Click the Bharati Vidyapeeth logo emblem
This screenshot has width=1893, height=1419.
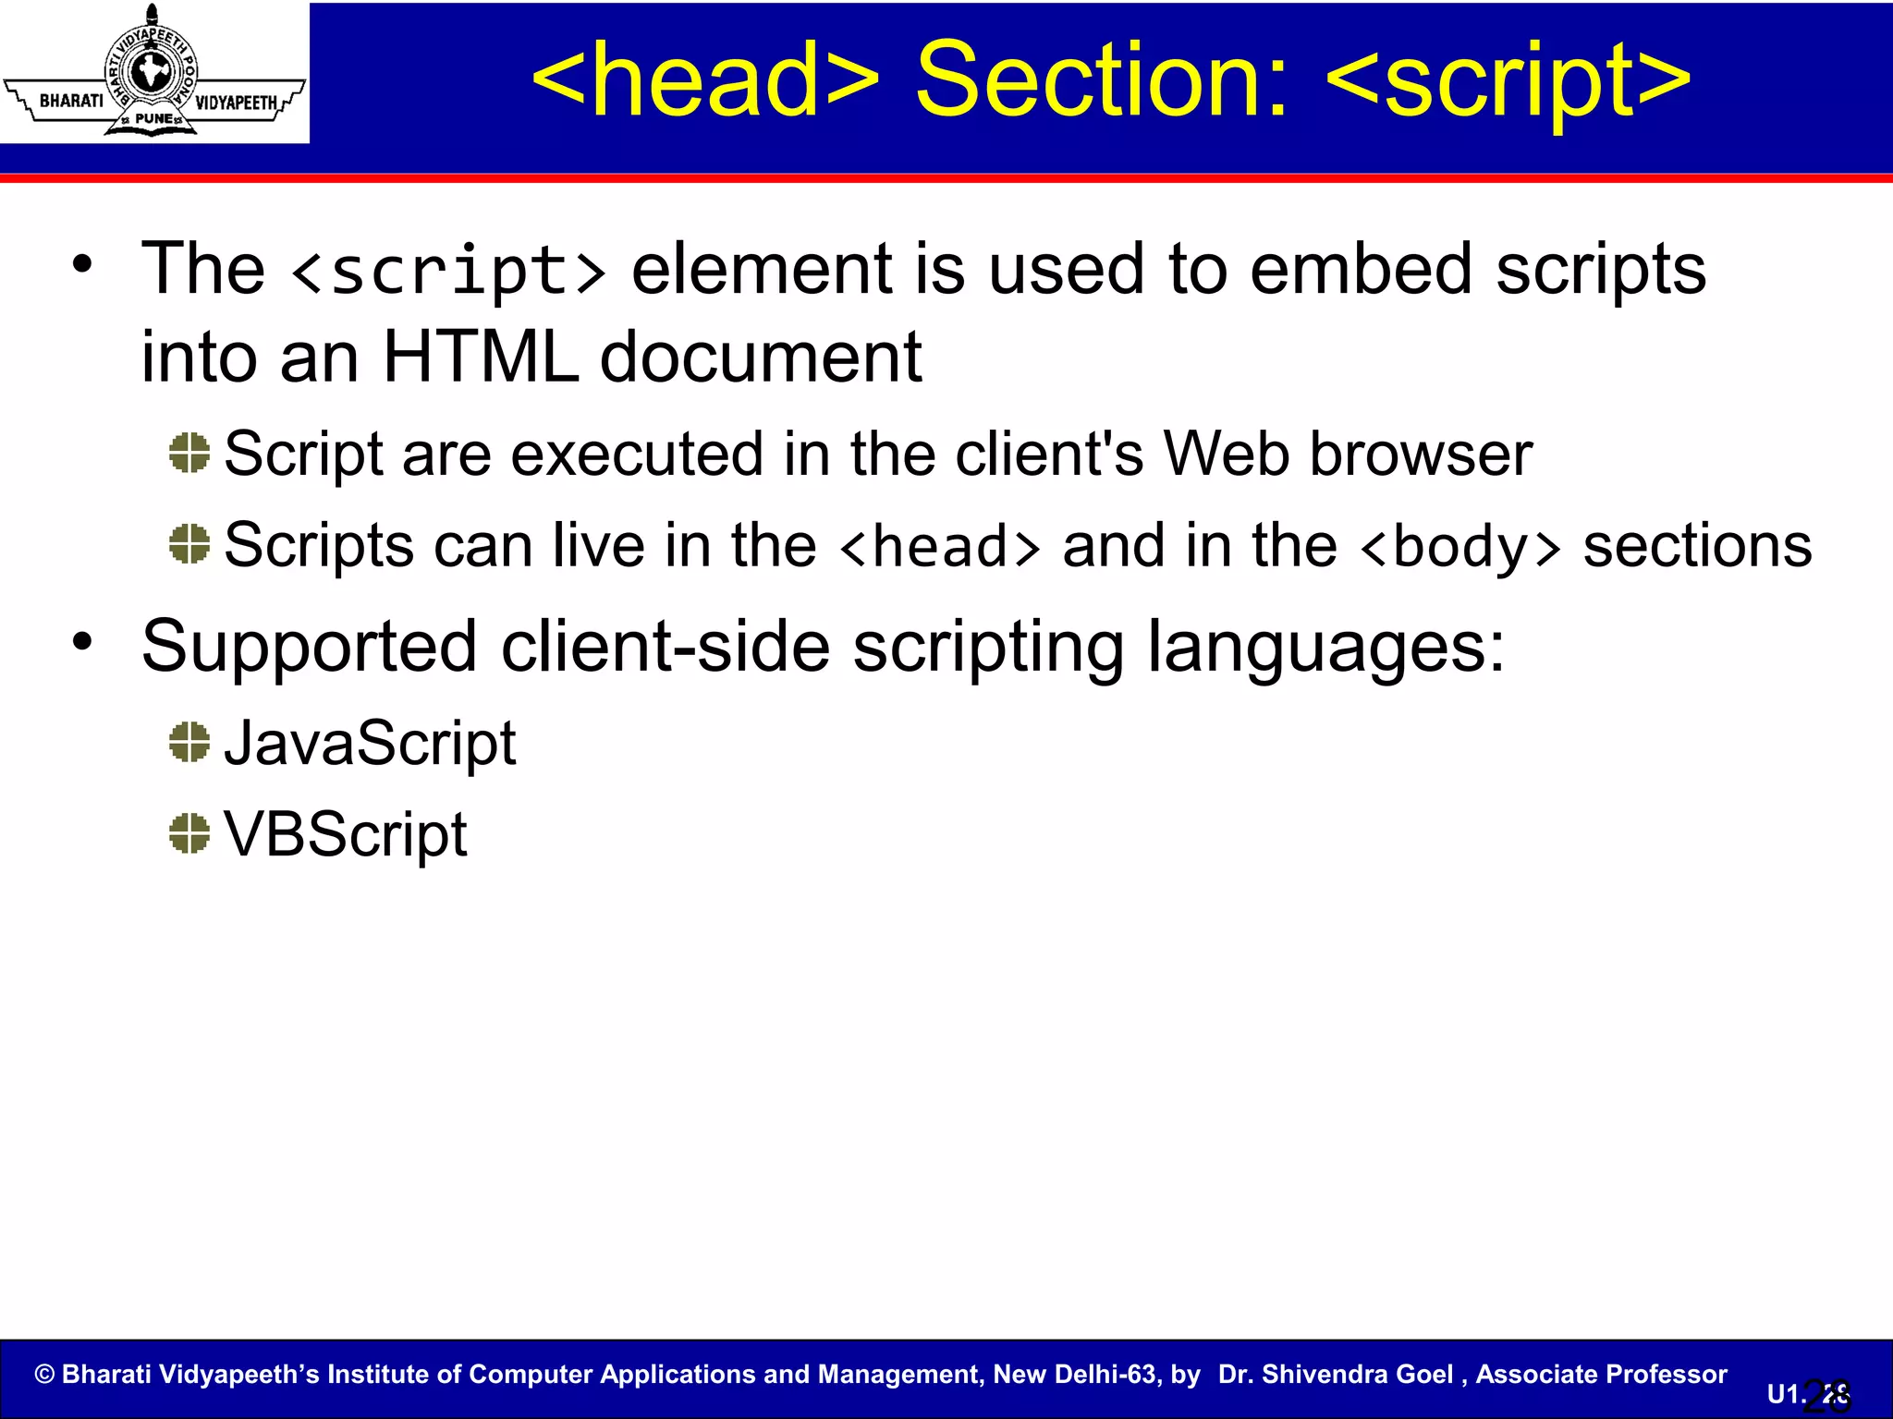click(153, 72)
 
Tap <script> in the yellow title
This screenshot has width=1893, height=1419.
click(1508, 81)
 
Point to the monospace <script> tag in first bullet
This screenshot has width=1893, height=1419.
click(449, 271)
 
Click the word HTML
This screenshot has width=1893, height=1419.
click(480, 358)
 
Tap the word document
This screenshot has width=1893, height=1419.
click(760, 358)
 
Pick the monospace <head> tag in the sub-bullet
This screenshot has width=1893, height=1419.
click(940, 547)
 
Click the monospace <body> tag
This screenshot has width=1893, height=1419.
click(1460, 547)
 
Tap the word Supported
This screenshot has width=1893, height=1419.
click(309, 647)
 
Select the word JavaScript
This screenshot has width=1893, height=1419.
click(370, 744)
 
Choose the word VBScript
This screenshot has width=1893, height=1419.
click(346, 835)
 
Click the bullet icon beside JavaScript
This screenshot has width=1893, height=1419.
click(189, 742)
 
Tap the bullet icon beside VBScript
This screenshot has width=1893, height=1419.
click(189, 833)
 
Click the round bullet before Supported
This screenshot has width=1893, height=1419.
click(83, 640)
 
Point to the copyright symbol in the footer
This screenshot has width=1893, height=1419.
click(44, 1374)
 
